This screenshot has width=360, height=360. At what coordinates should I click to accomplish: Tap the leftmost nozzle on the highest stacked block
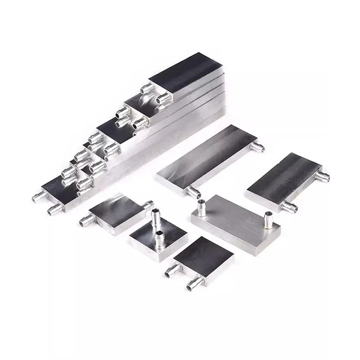point(145,88)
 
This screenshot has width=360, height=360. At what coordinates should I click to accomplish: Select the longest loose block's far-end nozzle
point(259,146)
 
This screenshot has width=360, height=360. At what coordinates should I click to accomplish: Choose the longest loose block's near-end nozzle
point(193,193)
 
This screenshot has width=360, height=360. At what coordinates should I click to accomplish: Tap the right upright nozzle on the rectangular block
point(268,218)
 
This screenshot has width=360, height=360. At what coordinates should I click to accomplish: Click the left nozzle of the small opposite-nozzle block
point(86,220)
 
